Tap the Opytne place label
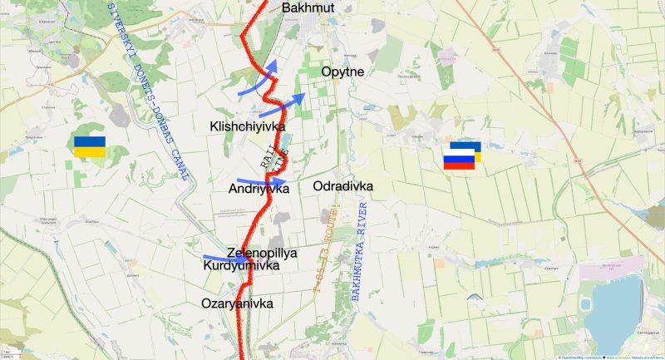(343, 72)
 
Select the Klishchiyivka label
(248, 126)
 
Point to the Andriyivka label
(259, 190)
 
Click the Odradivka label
(343, 186)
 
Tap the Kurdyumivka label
(239, 266)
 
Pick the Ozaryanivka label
(237, 303)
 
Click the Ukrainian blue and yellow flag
(89, 147)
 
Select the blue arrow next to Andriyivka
(262, 180)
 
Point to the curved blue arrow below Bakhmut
(258, 81)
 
